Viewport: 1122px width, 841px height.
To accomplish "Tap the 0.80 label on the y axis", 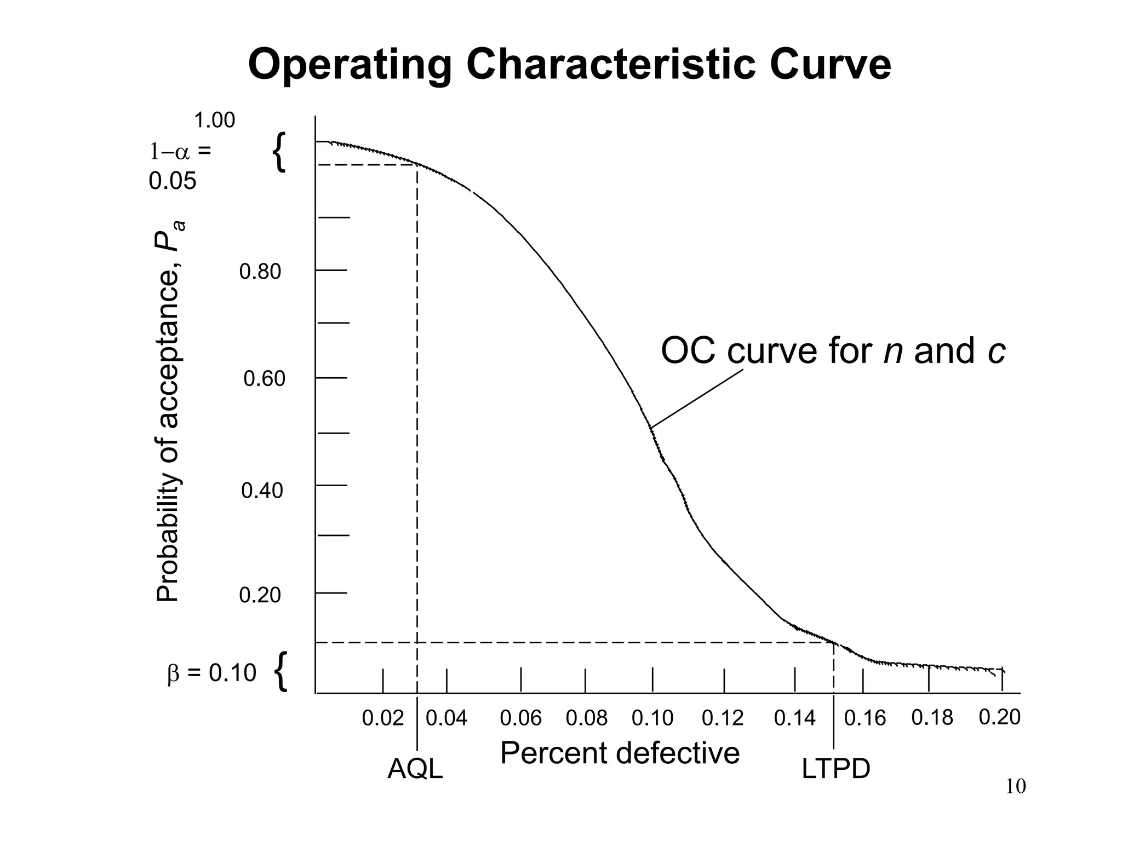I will [260, 272].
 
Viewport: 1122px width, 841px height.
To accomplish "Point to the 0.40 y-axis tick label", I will [262, 491].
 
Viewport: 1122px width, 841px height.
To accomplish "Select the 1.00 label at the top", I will [214, 120].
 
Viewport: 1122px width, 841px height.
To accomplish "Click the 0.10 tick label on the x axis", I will [652, 718].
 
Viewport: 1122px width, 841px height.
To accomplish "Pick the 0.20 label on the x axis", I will [999, 717].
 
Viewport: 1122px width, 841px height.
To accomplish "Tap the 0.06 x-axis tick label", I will [520, 718].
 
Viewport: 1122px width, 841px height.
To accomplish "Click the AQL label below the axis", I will [415, 769].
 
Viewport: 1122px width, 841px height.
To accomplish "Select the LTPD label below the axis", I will [835, 769].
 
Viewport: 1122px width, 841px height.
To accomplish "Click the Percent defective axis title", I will [620, 753].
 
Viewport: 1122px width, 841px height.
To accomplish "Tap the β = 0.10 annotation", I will [211, 673].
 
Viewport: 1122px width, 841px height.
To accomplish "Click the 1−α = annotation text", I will [180, 152].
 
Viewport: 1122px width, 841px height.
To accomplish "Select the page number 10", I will [1015, 787].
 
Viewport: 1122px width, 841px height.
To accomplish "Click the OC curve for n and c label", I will [833, 351].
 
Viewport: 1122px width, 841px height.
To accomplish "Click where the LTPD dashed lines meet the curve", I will [833, 642].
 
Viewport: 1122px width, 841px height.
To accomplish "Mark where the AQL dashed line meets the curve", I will [417, 164].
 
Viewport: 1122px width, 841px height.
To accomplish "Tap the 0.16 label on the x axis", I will [865, 718].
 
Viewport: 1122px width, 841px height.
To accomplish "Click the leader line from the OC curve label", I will [697, 399].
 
